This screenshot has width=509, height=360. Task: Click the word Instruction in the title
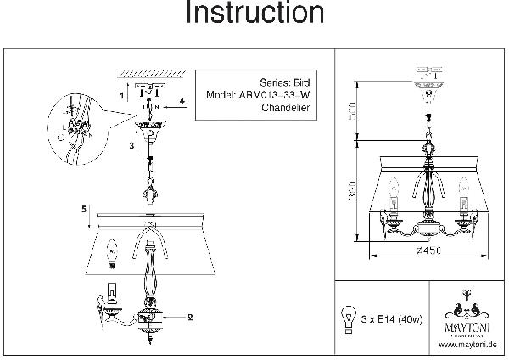point(254,14)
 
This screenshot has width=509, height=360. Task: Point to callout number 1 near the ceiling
point(121,96)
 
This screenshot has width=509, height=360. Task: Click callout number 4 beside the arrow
point(182,101)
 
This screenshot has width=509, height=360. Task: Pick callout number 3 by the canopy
point(131,146)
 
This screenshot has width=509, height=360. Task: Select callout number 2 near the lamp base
point(190,317)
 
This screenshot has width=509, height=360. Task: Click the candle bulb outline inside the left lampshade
point(109,252)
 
